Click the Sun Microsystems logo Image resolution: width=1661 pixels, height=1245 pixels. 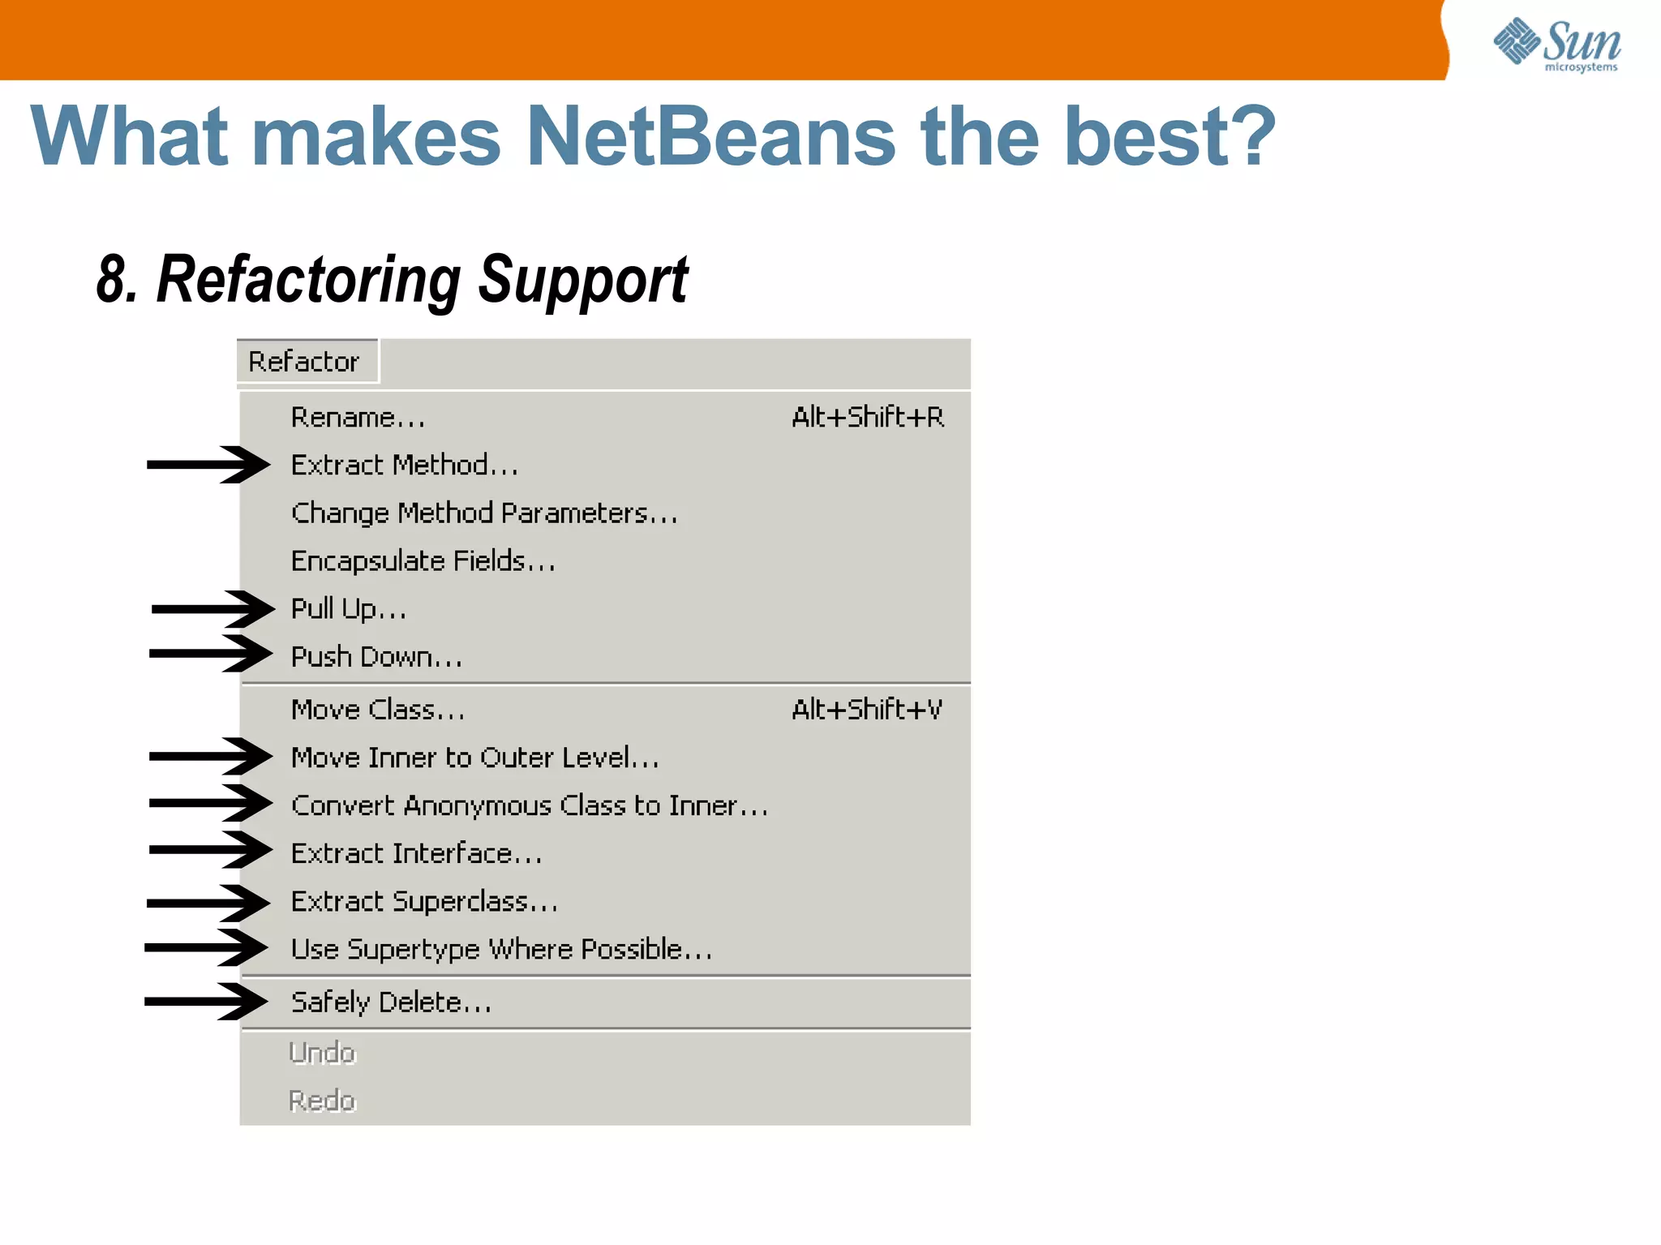1556,45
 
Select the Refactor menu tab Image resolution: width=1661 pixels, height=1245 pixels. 304,362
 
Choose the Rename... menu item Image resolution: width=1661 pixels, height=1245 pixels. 358,418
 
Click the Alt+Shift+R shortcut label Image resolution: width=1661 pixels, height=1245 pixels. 867,418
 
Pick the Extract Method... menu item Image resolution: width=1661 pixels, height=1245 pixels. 404,466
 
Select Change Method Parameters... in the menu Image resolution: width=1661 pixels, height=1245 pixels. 484,513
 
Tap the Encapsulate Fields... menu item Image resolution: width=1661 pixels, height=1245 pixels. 423,561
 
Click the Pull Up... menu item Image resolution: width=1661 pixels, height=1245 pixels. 349,609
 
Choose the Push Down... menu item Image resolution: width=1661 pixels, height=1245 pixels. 376,657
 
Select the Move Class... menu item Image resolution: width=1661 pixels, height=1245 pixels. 378,710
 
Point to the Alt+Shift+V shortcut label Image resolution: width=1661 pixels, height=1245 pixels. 866,710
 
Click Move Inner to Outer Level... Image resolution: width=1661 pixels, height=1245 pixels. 474,758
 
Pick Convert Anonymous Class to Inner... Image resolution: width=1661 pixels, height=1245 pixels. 529,805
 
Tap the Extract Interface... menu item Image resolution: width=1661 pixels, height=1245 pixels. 416,853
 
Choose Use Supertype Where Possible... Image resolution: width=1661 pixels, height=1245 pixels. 501,949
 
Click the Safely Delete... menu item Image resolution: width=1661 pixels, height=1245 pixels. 391,1002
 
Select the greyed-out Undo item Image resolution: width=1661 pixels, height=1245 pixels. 323,1053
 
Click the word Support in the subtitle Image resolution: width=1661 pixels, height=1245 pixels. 582,280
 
